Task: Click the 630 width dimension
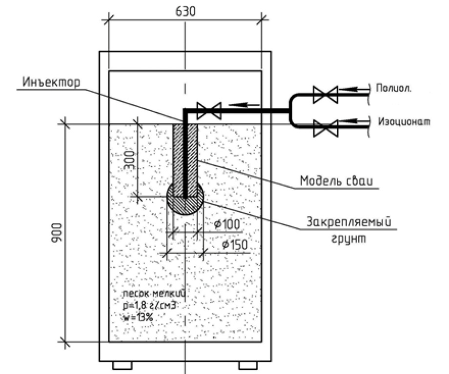tap(185, 11)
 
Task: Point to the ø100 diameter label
tap(226, 225)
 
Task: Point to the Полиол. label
tap(394, 88)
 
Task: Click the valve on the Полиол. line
tap(326, 94)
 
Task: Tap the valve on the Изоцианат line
tap(326, 127)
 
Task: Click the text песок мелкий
tap(153, 294)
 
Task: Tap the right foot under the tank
tap(247, 365)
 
